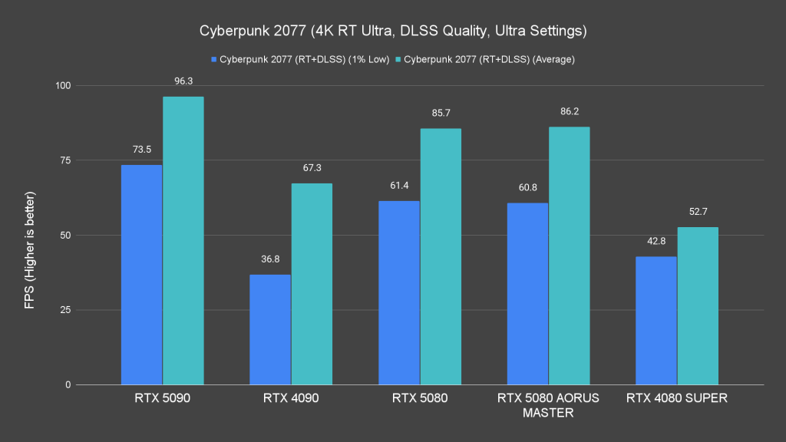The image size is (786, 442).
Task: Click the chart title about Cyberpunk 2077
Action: tap(393, 31)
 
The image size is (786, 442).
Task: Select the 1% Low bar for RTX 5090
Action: tap(142, 275)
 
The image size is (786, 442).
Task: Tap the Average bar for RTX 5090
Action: tap(183, 240)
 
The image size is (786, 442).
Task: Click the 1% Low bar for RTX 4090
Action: tap(270, 329)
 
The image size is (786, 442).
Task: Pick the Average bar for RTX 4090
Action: tap(312, 284)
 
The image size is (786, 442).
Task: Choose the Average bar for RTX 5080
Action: tap(441, 256)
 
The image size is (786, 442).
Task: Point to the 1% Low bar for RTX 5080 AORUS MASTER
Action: tap(527, 293)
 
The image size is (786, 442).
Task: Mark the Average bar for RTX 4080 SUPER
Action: tap(698, 305)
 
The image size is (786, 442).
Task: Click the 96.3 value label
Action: tap(183, 79)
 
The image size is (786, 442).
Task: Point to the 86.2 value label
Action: tap(569, 110)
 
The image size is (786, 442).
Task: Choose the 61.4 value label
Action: tap(399, 184)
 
